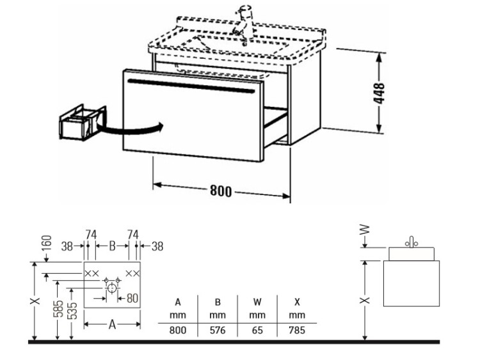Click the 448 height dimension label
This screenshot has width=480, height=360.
pyautogui.click(x=380, y=93)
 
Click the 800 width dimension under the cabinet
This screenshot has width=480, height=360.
pyautogui.click(x=221, y=191)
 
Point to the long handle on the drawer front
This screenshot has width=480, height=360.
pyautogui.click(x=191, y=86)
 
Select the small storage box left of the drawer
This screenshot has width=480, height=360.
pyautogui.click(x=83, y=123)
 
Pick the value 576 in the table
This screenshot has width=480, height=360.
pyautogui.click(x=218, y=330)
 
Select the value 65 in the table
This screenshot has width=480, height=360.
pyautogui.click(x=257, y=330)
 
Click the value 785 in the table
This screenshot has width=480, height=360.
pyautogui.click(x=296, y=330)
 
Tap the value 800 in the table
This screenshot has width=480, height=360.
pyautogui.click(x=177, y=330)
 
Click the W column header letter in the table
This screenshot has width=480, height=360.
pyautogui.click(x=257, y=302)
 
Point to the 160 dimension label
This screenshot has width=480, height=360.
pyautogui.click(x=46, y=243)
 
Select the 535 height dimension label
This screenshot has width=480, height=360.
pyautogui.click(x=72, y=311)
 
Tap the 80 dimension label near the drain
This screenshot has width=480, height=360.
pyautogui.click(x=132, y=298)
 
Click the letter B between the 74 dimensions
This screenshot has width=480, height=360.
pyautogui.click(x=112, y=246)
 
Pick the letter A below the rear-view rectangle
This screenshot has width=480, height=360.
pyautogui.click(x=112, y=324)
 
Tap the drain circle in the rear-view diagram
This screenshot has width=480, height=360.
pyautogui.click(x=112, y=288)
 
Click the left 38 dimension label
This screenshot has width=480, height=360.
pyautogui.click(x=67, y=246)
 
